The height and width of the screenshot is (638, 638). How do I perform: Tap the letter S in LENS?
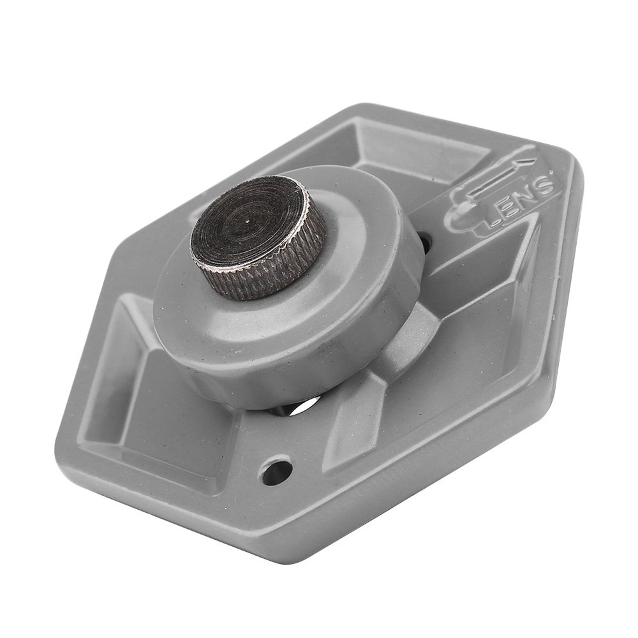tap(543, 186)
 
